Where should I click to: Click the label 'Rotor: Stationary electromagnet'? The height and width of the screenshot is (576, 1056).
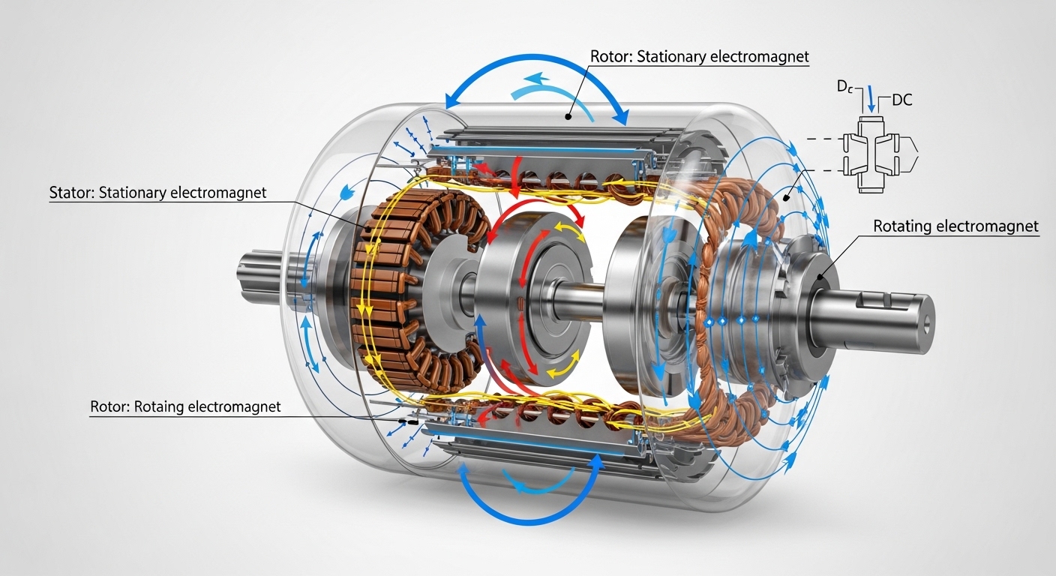point(699,57)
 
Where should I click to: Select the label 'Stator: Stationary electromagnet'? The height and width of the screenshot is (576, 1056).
point(157,193)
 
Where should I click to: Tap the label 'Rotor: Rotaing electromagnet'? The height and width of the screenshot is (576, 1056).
point(185,407)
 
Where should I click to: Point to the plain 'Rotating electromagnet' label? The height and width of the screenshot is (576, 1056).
point(956,226)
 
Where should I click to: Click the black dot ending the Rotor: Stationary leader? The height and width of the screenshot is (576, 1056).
point(569,117)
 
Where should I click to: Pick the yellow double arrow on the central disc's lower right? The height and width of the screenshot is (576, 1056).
point(563,367)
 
